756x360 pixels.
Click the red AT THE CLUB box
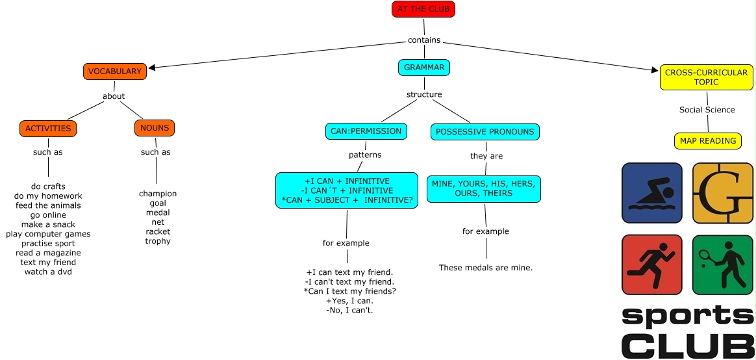(x=423, y=9)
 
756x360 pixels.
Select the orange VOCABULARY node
(x=115, y=71)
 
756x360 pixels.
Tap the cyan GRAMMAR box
(x=424, y=68)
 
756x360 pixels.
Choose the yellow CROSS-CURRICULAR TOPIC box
(x=706, y=77)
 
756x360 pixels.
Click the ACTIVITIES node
(x=48, y=128)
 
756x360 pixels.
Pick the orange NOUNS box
(x=155, y=128)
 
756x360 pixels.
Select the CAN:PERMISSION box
(x=366, y=131)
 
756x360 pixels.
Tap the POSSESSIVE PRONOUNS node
(x=485, y=132)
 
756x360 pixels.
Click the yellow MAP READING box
(x=707, y=140)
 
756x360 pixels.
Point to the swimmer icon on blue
(x=651, y=193)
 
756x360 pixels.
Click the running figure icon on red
(x=651, y=264)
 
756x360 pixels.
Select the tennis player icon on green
(x=722, y=264)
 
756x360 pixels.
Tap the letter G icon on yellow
(x=722, y=193)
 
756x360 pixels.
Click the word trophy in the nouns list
(x=158, y=241)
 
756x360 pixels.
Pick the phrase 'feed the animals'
(x=48, y=205)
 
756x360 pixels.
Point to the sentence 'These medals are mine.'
(x=486, y=268)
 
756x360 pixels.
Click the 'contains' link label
(x=424, y=40)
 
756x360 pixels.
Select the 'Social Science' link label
(x=707, y=110)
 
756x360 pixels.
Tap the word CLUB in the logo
(x=687, y=344)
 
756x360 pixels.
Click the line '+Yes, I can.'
(x=349, y=301)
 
